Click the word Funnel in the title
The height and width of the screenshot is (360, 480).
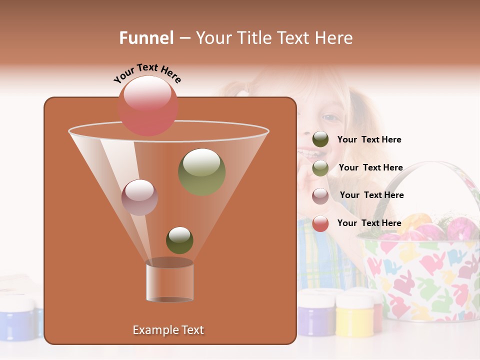click(x=146, y=38)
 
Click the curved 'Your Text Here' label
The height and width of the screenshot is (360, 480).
click(x=147, y=73)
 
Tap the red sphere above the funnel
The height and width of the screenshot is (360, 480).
click(x=148, y=106)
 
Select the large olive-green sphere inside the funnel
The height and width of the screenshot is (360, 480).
click(x=201, y=171)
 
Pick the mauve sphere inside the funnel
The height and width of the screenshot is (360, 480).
click(x=139, y=197)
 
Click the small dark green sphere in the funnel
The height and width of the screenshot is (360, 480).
click(x=179, y=240)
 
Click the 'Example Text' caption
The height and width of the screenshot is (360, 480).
click(x=168, y=330)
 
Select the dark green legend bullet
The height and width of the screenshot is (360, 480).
click(x=320, y=139)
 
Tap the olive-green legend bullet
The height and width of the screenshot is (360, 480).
click(x=320, y=168)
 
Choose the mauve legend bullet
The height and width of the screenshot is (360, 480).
click(x=320, y=196)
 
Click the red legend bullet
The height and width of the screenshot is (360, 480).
click(x=320, y=223)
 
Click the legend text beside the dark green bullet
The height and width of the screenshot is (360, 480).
click(x=369, y=140)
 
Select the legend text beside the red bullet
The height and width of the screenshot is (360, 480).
click(x=369, y=223)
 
